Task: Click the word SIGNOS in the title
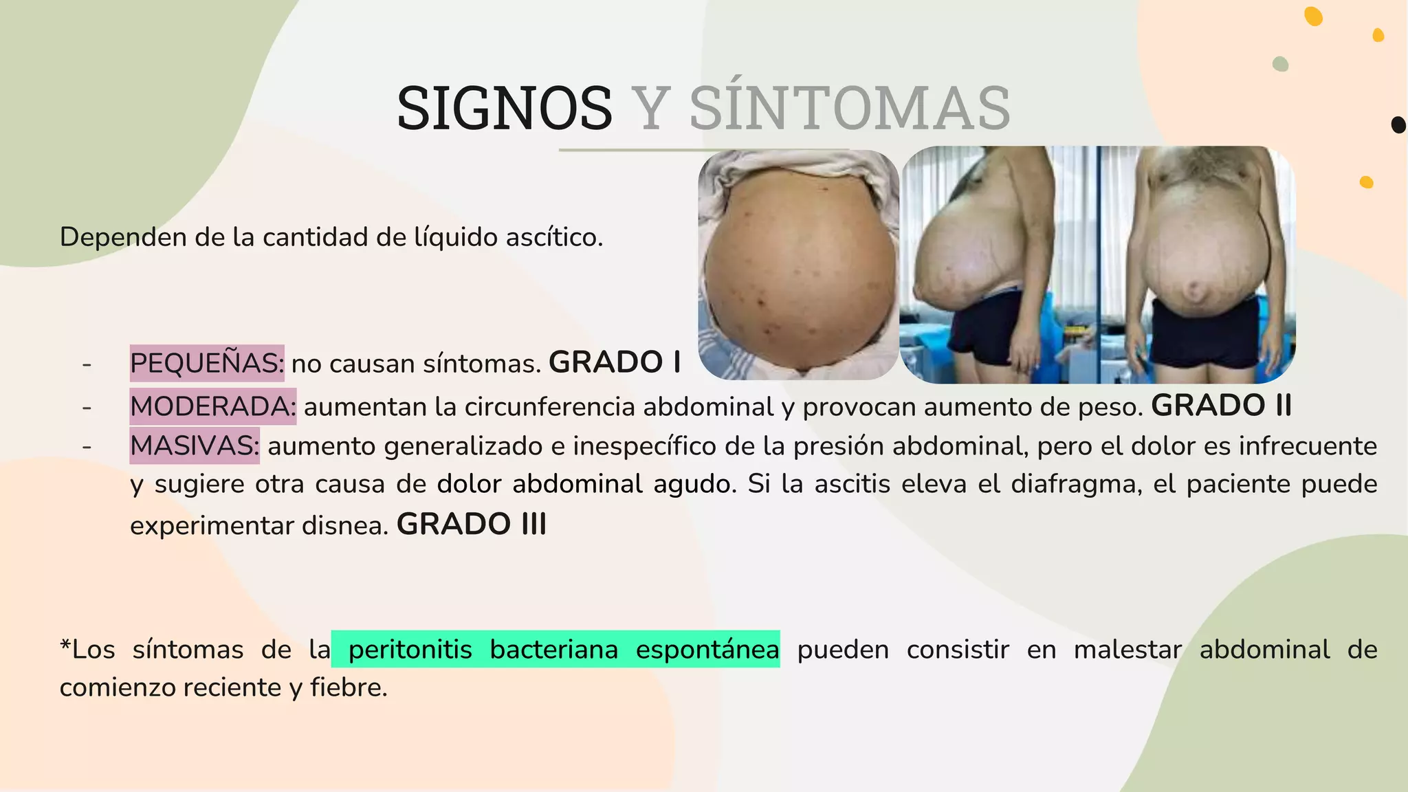504,108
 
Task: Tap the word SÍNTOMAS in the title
850,108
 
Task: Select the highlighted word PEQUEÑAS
207,363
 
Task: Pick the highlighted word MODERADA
213,406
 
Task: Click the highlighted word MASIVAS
195,445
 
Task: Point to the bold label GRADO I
615,362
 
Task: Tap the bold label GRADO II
1222,406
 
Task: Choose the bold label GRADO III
472,525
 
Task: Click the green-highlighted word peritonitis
410,650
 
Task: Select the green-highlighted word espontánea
707,650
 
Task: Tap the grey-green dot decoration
1280,64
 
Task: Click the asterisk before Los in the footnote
65,647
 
